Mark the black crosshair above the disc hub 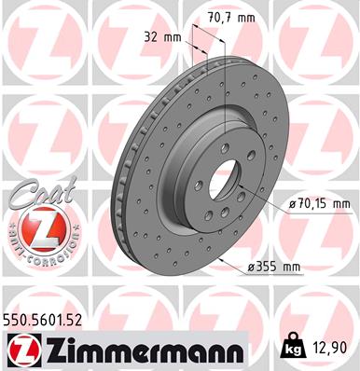pos(228,123)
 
